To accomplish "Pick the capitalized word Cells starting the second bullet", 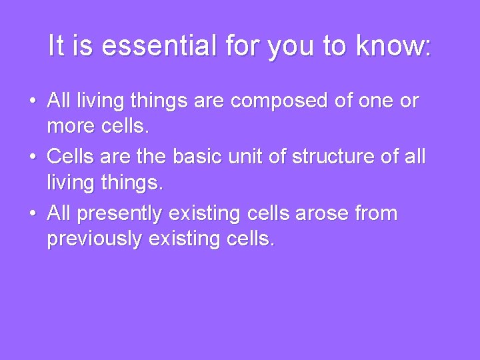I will tap(71, 157).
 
